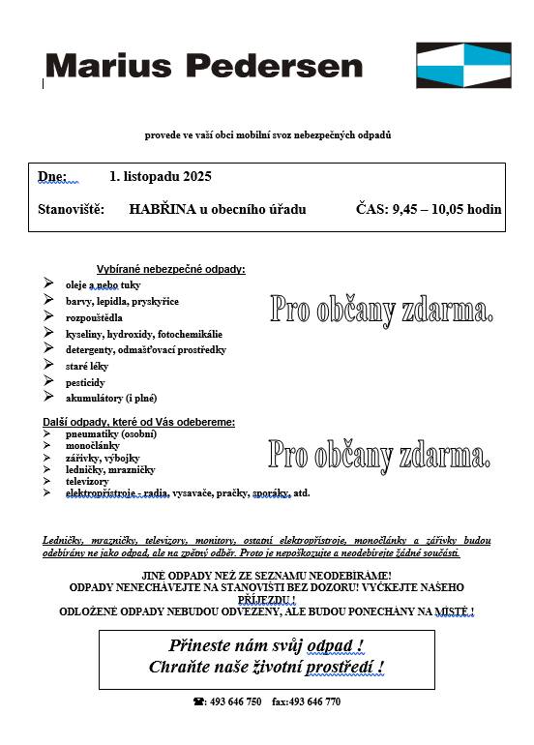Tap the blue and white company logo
point(464,65)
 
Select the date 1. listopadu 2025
point(161,177)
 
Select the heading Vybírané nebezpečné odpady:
point(171,269)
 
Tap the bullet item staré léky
point(87,366)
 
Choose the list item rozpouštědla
point(94,317)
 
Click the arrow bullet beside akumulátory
point(48,397)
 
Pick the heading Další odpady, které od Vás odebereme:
point(139,422)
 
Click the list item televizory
point(87,481)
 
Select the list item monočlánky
point(92,446)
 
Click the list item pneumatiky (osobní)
point(110,434)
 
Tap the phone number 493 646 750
point(234,701)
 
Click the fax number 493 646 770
point(314,701)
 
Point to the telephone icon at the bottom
point(198,701)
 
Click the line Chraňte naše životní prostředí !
point(266,667)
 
